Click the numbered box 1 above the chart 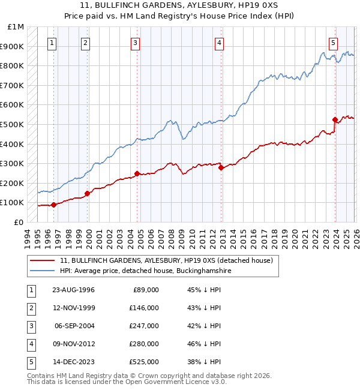pos(52,43)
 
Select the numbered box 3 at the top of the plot pos(136,43)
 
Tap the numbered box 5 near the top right pos(333,43)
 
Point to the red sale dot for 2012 pos(221,168)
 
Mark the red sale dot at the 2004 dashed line pos(137,174)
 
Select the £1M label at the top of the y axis pos(16,27)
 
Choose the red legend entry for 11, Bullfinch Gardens pos(166,261)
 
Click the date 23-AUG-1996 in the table pos(73,290)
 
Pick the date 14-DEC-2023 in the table pos(73,362)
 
